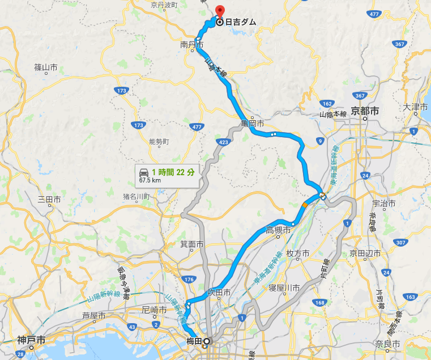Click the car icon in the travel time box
(143, 171)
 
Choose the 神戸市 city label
(31, 341)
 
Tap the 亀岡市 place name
(253, 123)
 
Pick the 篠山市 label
(46, 67)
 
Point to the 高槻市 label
(278, 230)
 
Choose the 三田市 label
(49, 200)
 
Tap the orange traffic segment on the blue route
(306, 205)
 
